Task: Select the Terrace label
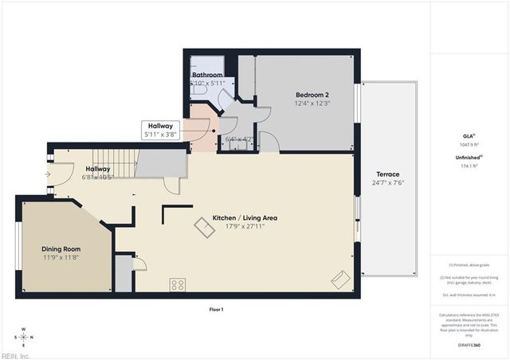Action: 388,174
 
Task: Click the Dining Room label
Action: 61,248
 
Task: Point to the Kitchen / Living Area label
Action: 245,217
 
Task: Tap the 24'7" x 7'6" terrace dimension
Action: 388,183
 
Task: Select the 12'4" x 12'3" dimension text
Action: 312,102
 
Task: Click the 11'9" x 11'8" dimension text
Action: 61,258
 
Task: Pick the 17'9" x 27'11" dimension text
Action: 245,227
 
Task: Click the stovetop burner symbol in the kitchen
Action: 178,284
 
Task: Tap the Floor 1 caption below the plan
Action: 216,309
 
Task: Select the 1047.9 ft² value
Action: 469,145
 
